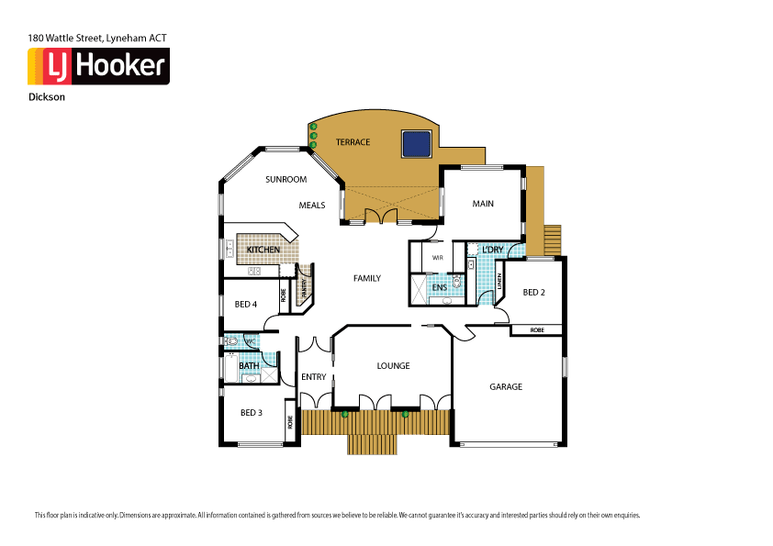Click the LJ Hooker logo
[x=98, y=66]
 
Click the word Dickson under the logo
[x=46, y=95]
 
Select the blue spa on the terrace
[x=416, y=143]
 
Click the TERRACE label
[x=353, y=142]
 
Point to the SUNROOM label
[x=286, y=180]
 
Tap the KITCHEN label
[x=263, y=250]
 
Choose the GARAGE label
[x=505, y=386]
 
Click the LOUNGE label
[x=393, y=365]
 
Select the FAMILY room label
[x=367, y=278]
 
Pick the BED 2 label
[x=534, y=292]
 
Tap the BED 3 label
[x=252, y=412]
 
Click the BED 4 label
[x=245, y=304]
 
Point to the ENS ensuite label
[x=439, y=288]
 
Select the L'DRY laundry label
[x=492, y=249]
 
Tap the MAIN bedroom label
[x=483, y=204]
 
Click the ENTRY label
[x=313, y=377]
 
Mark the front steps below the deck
[x=373, y=445]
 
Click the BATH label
[x=249, y=366]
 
